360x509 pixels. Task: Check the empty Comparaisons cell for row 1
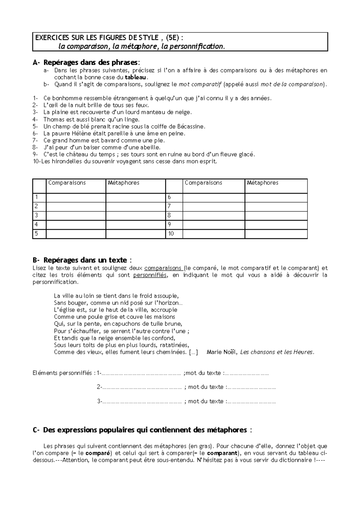(76, 198)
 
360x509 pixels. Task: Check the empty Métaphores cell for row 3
(136, 216)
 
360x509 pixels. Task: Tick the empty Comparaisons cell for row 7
(214, 207)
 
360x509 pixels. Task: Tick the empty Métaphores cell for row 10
(276, 234)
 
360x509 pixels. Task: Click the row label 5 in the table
(37, 234)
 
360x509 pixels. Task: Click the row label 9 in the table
(169, 225)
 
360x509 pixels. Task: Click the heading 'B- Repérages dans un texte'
(82, 260)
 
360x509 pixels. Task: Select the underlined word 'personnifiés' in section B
(150, 275)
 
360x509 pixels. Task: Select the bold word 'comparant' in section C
(222, 453)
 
